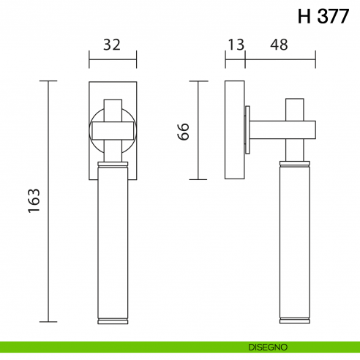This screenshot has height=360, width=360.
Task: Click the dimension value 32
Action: point(112,45)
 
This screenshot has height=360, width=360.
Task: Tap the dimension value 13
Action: point(235,45)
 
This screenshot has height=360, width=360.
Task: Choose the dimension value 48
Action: point(278,45)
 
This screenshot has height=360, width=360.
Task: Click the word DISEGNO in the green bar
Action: point(266,346)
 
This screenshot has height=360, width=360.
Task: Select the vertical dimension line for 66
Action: point(198,130)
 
